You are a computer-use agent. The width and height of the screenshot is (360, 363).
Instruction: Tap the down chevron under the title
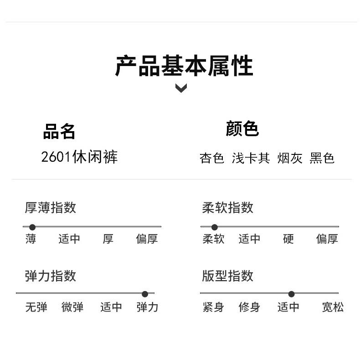click(x=181, y=88)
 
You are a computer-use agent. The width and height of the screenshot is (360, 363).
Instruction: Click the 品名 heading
click(x=59, y=131)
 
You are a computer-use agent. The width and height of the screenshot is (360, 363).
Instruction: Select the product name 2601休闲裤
click(x=79, y=157)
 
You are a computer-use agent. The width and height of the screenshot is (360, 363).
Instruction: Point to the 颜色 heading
click(x=242, y=129)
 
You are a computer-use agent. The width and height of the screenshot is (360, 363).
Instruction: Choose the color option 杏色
click(x=212, y=158)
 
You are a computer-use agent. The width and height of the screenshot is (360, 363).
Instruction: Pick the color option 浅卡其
click(x=251, y=158)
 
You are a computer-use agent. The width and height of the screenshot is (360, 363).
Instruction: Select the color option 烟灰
click(x=290, y=158)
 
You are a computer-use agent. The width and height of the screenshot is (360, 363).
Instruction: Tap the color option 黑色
click(x=322, y=158)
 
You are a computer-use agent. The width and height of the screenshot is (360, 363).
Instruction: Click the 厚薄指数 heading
click(x=50, y=208)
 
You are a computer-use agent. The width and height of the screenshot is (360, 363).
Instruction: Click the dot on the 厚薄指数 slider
click(x=32, y=227)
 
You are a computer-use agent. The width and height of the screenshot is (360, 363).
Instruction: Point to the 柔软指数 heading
click(x=227, y=208)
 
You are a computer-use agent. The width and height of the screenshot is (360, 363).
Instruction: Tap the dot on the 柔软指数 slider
click(x=215, y=227)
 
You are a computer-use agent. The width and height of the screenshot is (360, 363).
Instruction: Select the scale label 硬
click(x=288, y=239)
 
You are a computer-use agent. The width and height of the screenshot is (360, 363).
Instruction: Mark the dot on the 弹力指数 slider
click(x=145, y=294)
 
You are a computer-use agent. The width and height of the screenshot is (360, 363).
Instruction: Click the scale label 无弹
click(x=36, y=307)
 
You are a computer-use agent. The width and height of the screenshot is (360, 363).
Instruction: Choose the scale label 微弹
click(x=72, y=307)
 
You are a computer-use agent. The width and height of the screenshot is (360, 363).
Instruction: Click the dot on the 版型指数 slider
click(x=292, y=294)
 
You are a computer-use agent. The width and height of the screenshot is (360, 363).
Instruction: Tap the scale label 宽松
click(x=333, y=307)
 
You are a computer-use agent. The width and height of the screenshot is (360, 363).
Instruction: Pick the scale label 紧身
click(x=213, y=307)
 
